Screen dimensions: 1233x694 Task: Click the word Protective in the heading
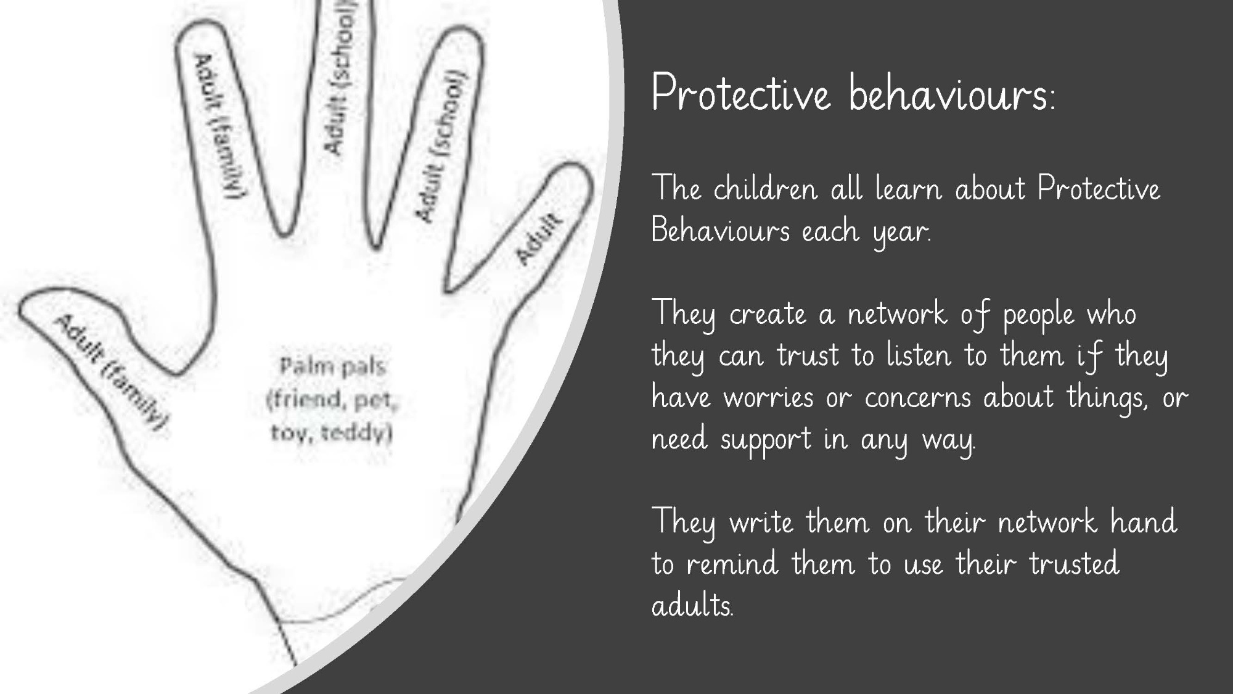(740, 94)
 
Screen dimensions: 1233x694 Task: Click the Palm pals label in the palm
(332, 367)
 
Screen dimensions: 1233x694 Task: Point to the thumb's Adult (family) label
(112, 373)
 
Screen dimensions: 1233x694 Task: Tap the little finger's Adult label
(538, 238)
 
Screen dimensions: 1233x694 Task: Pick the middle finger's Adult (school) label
(340, 77)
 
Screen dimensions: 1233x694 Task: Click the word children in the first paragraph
(765, 188)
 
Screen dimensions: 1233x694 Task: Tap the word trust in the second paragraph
(808, 355)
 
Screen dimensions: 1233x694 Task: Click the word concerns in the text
(918, 398)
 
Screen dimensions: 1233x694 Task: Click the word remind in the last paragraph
(732, 564)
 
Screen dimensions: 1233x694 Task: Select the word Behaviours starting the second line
(720, 231)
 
